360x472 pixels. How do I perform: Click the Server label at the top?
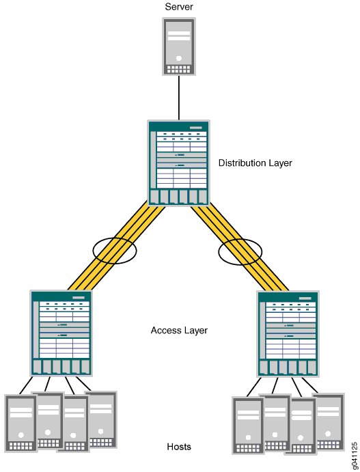point(179,7)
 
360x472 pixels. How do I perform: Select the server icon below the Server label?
point(179,46)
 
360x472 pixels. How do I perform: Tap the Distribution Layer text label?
point(255,163)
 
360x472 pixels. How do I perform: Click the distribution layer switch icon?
point(178,163)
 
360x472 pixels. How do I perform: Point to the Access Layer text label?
point(179,331)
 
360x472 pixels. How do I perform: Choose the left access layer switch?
point(61,333)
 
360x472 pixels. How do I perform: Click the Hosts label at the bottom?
point(179,447)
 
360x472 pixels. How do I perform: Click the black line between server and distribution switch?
point(179,98)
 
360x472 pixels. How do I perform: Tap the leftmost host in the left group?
point(20,424)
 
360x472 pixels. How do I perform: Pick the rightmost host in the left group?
point(102,419)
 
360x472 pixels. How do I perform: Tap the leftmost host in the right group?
point(247,426)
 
